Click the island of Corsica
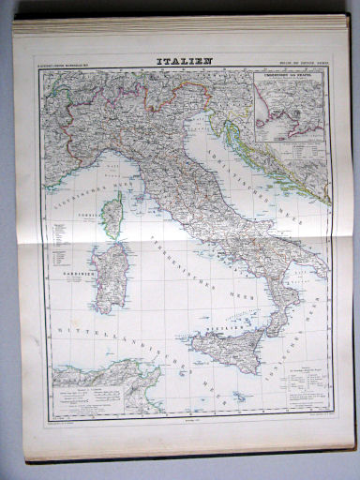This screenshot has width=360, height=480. pos(112,215)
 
